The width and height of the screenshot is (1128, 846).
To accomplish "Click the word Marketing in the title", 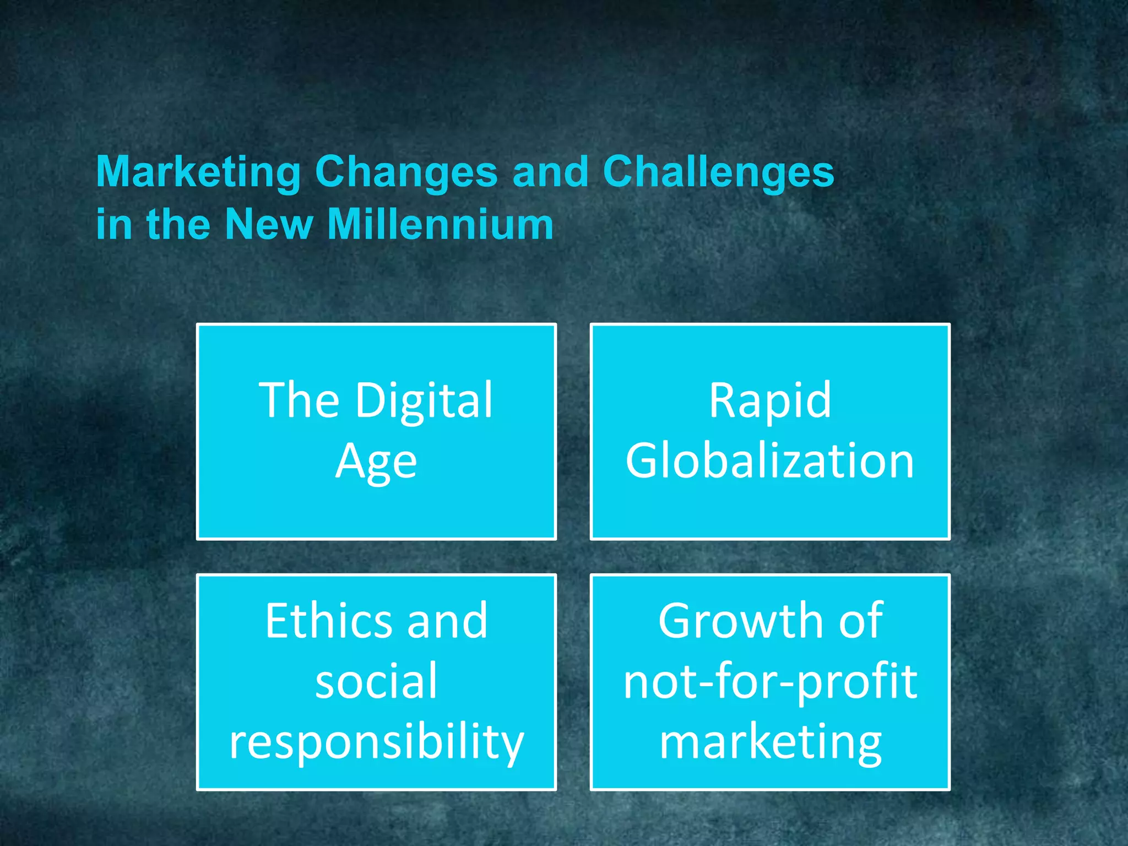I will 198,172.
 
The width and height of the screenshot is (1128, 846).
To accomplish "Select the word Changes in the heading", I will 406,172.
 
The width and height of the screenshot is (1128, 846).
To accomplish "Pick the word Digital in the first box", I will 424,400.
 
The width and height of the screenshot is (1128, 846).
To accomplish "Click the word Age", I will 376,462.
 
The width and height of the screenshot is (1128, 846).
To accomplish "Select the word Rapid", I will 770,400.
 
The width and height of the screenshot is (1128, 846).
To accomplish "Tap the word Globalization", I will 770,460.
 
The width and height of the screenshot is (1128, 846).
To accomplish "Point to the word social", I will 376,681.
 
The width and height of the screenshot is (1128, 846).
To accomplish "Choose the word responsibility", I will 376,742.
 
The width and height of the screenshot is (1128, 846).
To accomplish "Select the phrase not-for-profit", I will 770,682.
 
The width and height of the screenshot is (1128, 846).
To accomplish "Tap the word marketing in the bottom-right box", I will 770,742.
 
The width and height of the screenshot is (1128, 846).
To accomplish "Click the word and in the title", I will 550,172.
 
